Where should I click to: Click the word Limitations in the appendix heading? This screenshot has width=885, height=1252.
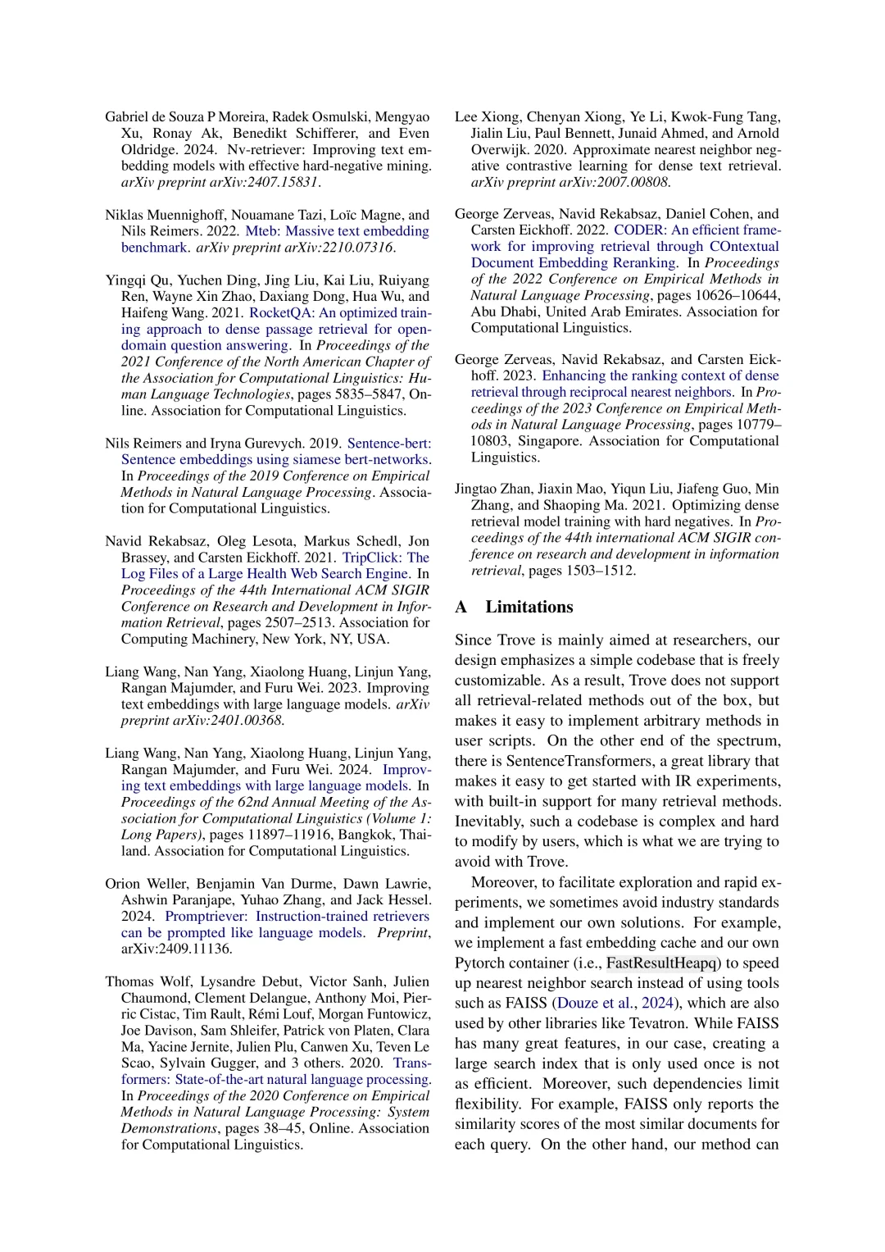[529, 607]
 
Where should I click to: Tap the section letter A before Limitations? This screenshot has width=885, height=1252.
[461, 607]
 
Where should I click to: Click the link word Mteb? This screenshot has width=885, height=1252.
[263, 231]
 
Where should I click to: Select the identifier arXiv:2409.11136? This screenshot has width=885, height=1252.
[177, 949]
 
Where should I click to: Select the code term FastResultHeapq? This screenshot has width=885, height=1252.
[662, 963]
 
